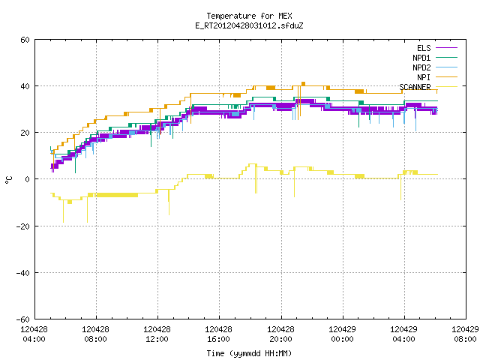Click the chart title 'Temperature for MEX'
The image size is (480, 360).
249,16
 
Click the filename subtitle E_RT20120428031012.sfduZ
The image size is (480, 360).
249,25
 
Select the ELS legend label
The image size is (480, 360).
424,48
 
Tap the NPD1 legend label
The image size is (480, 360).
421,58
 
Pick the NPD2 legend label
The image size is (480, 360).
421,67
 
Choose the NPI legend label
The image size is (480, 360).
424,77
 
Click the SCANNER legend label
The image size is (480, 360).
415,87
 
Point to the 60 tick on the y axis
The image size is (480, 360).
25,40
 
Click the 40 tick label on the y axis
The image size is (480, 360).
25,86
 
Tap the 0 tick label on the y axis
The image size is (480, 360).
27,179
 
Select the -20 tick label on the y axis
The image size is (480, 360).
23,226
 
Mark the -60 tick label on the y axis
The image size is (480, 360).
23,319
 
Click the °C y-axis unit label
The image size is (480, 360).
8,180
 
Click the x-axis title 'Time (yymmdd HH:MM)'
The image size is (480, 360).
249,353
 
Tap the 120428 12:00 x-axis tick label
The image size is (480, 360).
157,334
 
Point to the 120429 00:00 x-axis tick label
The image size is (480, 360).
342,334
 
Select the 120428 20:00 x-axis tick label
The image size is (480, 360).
280,334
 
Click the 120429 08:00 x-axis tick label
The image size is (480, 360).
465,334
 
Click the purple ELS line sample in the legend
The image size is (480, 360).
446,48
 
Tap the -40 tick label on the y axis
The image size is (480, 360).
23,273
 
